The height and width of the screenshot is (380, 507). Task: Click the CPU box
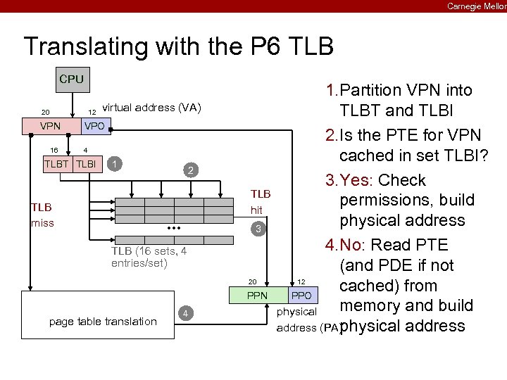point(71,79)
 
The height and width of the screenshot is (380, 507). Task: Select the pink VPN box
point(50,127)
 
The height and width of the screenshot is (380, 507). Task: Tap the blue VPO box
point(94,127)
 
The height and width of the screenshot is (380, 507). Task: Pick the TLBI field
point(86,164)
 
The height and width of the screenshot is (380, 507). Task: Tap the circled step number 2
point(189,170)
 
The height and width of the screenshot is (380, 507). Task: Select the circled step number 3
point(259,229)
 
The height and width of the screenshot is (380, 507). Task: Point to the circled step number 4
point(184,312)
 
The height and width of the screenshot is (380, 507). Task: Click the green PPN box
point(258,295)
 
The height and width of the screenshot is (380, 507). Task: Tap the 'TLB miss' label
point(42,215)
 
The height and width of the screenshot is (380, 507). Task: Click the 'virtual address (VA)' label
point(152,108)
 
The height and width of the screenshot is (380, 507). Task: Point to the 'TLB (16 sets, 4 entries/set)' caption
point(149,258)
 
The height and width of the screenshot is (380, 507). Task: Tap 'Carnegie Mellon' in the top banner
point(476,6)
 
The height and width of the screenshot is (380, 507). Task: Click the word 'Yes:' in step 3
point(357,180)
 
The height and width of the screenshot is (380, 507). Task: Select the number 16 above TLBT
point(54,149)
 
